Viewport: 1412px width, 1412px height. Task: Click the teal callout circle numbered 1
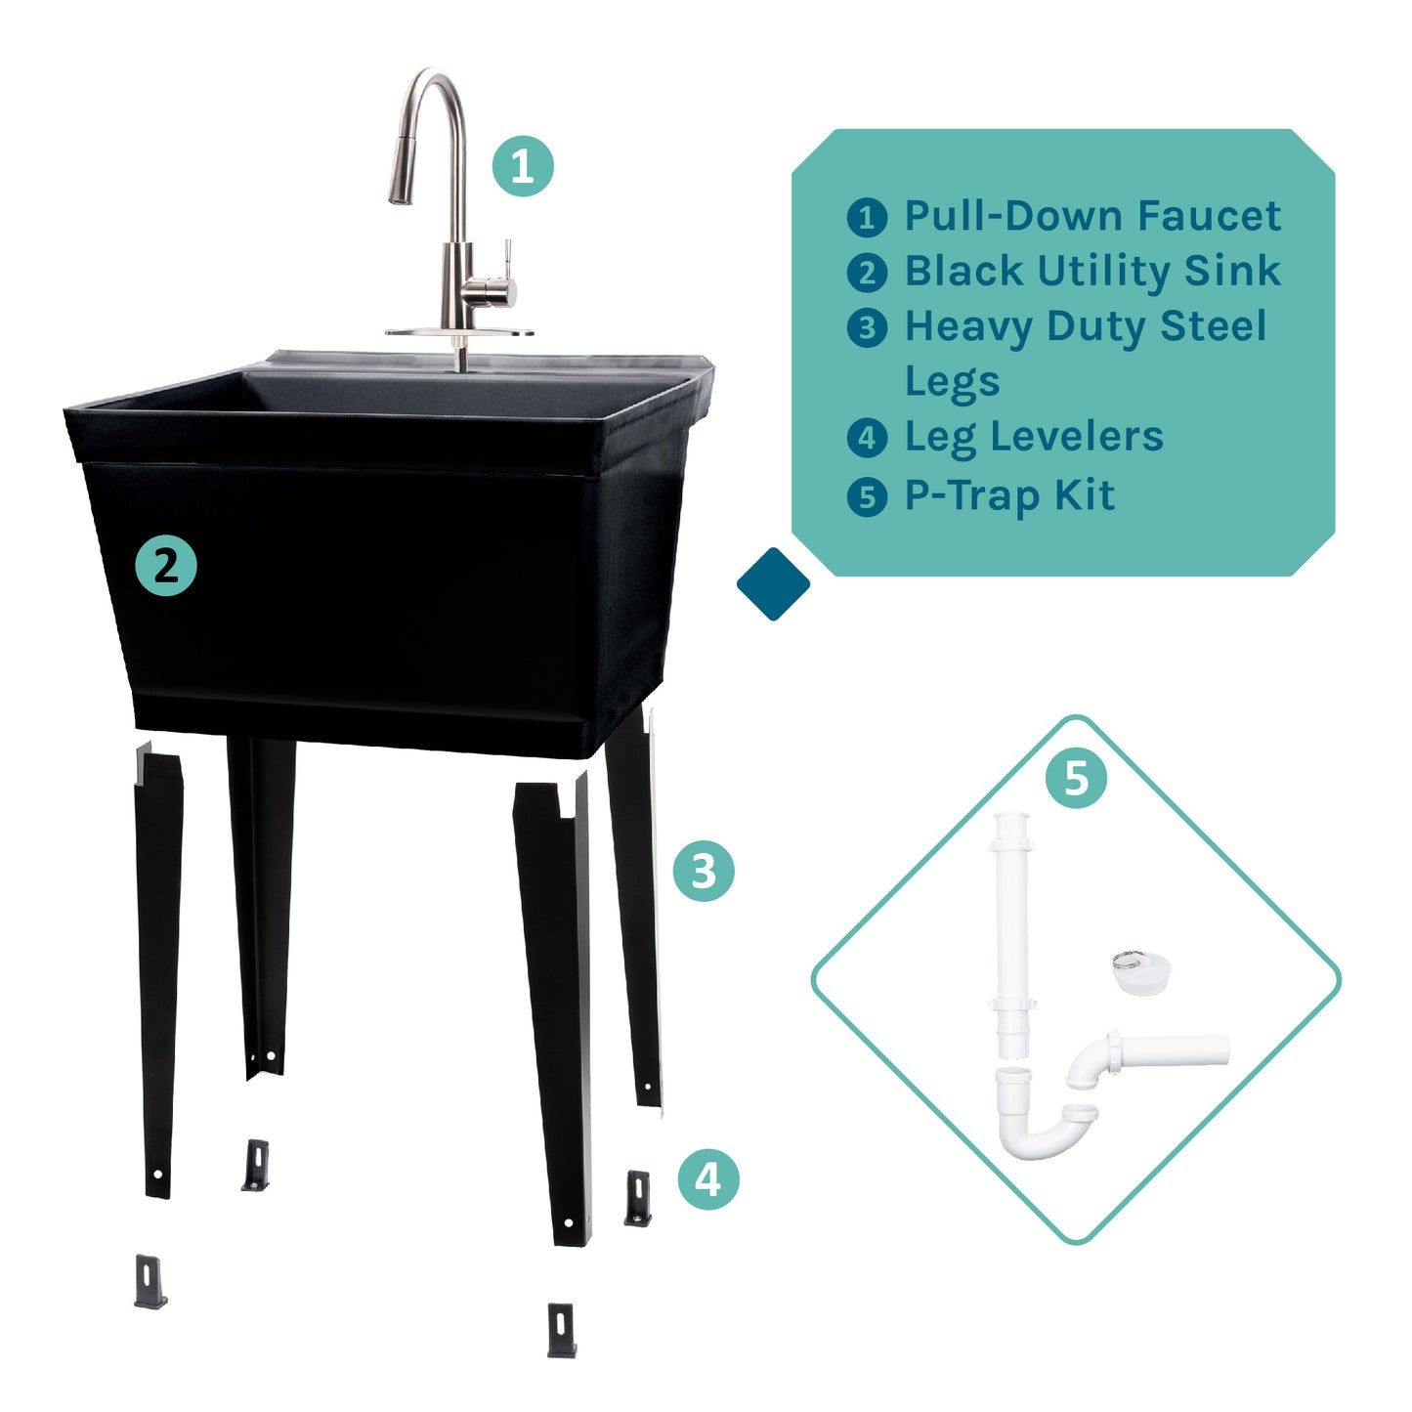point(522,166)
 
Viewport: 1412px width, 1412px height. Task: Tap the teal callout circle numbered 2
point(166,567)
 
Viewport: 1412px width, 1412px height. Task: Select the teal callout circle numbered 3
point(704,871)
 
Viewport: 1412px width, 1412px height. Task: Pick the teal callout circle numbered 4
point(708,1178)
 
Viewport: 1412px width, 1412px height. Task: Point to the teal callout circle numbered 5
point(1076,779)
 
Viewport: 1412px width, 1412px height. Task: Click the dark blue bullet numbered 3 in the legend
point(867,328)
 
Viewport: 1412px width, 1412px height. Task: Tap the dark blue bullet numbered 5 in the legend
point(867,497)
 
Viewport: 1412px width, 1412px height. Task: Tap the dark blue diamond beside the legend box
point(773,584)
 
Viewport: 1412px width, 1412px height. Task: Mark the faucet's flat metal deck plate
point(459,333)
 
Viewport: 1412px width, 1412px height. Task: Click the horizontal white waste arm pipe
point(1173,1049)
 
